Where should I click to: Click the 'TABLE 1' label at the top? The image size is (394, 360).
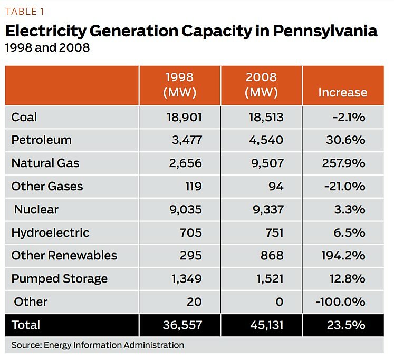tap(24, 12)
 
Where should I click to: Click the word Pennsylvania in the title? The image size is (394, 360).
tap(325, 31)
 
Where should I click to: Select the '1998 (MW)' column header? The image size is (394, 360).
tap(180, 85)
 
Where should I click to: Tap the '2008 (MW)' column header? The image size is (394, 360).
tap(261, 85)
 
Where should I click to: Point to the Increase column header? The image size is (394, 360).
tap(342, 92)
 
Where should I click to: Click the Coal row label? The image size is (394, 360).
tap(24, 117)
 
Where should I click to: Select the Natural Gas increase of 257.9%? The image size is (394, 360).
tap(343, 163)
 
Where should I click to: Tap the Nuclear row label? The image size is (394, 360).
tap(36, 209)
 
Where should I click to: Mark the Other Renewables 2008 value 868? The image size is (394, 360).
tap(272, 255)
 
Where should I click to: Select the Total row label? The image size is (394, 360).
tap(26, 325)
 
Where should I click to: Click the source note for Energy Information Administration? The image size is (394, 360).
tap(98, 345)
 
